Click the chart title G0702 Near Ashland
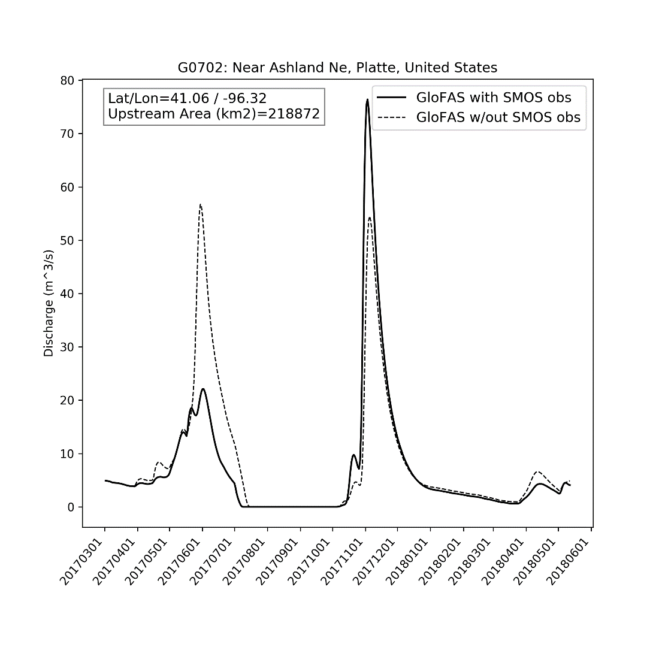337,68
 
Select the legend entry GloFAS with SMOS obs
494,98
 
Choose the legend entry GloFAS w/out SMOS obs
498,117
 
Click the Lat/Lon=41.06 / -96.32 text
187,98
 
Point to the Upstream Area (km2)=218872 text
213,114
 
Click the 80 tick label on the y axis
67,80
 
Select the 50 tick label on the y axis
67,240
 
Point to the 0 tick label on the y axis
71,507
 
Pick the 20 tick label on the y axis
67,400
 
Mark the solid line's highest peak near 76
367,99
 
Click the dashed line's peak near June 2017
201,205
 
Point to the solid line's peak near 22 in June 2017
203,389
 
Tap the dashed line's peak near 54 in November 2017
370,217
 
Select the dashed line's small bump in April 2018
537,472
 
